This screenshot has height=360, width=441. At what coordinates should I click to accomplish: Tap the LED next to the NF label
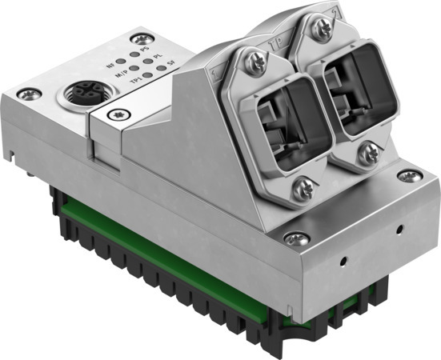pyautogui.click(x=119, y=60)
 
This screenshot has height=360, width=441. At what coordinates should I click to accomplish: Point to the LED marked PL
pyautogui.click(x=148, y=62)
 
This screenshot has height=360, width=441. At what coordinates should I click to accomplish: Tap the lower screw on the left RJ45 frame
pyautogui.click(x=303, y=190)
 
